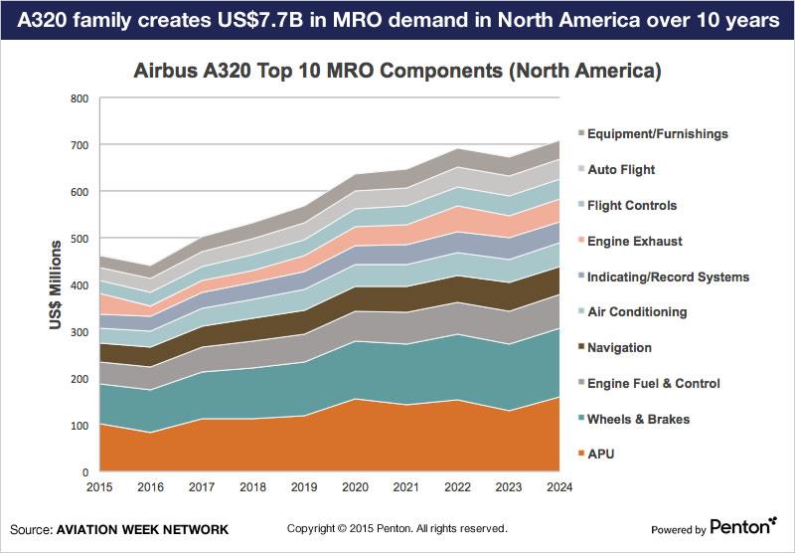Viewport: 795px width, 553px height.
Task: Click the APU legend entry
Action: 602,455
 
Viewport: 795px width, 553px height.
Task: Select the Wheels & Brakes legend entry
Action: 637,419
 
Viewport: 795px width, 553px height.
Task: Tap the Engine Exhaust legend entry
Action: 635,241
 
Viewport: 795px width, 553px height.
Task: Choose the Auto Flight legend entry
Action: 621,169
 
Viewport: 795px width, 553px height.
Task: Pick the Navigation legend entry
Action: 619,347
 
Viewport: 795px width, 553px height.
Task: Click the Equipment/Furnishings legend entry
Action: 657,133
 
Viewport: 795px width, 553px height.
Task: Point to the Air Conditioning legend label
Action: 637,311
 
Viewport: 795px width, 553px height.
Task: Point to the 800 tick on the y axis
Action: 79,98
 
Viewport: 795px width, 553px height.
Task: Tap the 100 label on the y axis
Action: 79,426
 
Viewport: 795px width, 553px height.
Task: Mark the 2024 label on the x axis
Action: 559,485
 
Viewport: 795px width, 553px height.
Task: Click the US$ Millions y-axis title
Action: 58,285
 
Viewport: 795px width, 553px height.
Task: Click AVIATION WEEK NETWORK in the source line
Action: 141,528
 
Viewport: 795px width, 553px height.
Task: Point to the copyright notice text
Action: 397,528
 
